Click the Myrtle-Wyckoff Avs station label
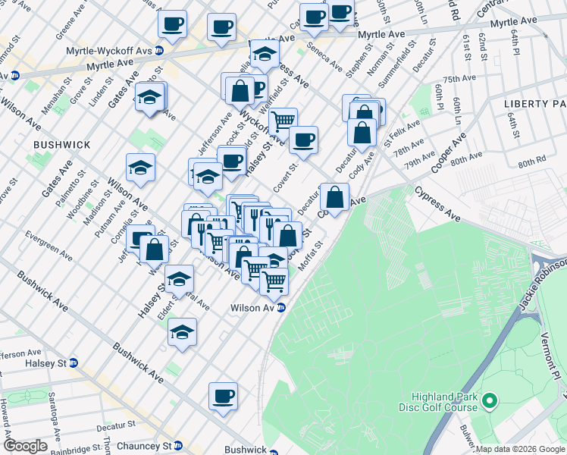[x=114, y=50]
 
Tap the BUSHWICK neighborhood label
[x=62, y=144]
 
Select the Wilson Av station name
[x=253, y=308]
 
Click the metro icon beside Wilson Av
[x=280, y=308]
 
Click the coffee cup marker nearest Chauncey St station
[x=223, y=397]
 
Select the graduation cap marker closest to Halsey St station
[x=181, y=332]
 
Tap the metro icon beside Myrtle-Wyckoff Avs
[x=159, y=51]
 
